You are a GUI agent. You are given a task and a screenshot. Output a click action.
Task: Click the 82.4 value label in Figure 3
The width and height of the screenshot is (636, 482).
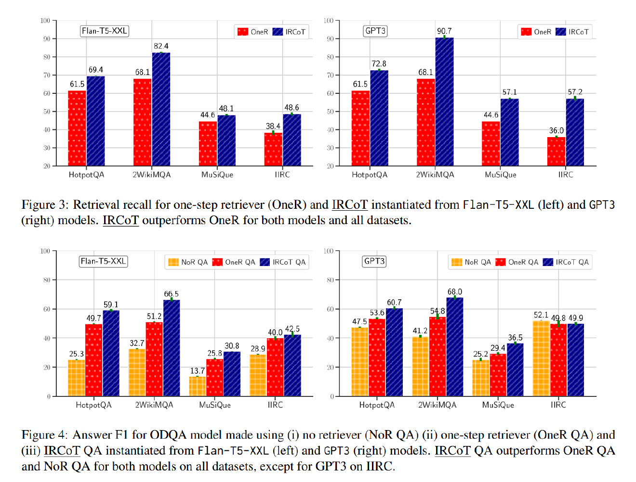(161, 46)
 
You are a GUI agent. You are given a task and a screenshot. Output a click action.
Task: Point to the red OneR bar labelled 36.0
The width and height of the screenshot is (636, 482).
(556, 152)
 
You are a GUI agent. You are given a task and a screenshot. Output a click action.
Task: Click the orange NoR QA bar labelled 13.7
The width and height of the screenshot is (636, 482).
(198, 386)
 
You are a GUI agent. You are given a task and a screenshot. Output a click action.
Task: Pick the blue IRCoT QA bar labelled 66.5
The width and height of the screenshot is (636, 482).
(172, 348)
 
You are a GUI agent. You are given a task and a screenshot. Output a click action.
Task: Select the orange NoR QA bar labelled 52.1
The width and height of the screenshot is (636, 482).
(541, 358)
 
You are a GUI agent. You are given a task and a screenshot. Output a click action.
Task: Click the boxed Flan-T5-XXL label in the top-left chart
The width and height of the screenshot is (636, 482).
(104, 31)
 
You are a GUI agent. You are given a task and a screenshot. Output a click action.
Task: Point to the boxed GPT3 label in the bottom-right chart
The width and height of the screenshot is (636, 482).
(374, 261)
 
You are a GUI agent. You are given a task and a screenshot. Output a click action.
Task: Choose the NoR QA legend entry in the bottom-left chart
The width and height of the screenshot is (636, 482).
(188, 262)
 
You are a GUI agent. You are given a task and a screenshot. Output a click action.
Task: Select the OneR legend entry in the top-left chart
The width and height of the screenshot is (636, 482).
(253, 32)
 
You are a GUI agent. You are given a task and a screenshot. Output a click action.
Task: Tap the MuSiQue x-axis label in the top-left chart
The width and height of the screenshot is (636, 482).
(217, 175)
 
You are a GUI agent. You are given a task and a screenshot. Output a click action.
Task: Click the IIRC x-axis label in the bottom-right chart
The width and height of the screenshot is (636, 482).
(558, 405)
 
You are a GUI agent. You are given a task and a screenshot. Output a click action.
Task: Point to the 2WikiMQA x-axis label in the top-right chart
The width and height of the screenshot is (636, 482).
(435, 175)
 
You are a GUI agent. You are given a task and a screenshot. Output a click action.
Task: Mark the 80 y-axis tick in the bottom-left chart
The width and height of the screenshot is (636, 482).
(47, 280)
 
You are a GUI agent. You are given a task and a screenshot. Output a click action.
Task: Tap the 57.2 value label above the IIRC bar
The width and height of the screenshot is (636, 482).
(575, 92)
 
